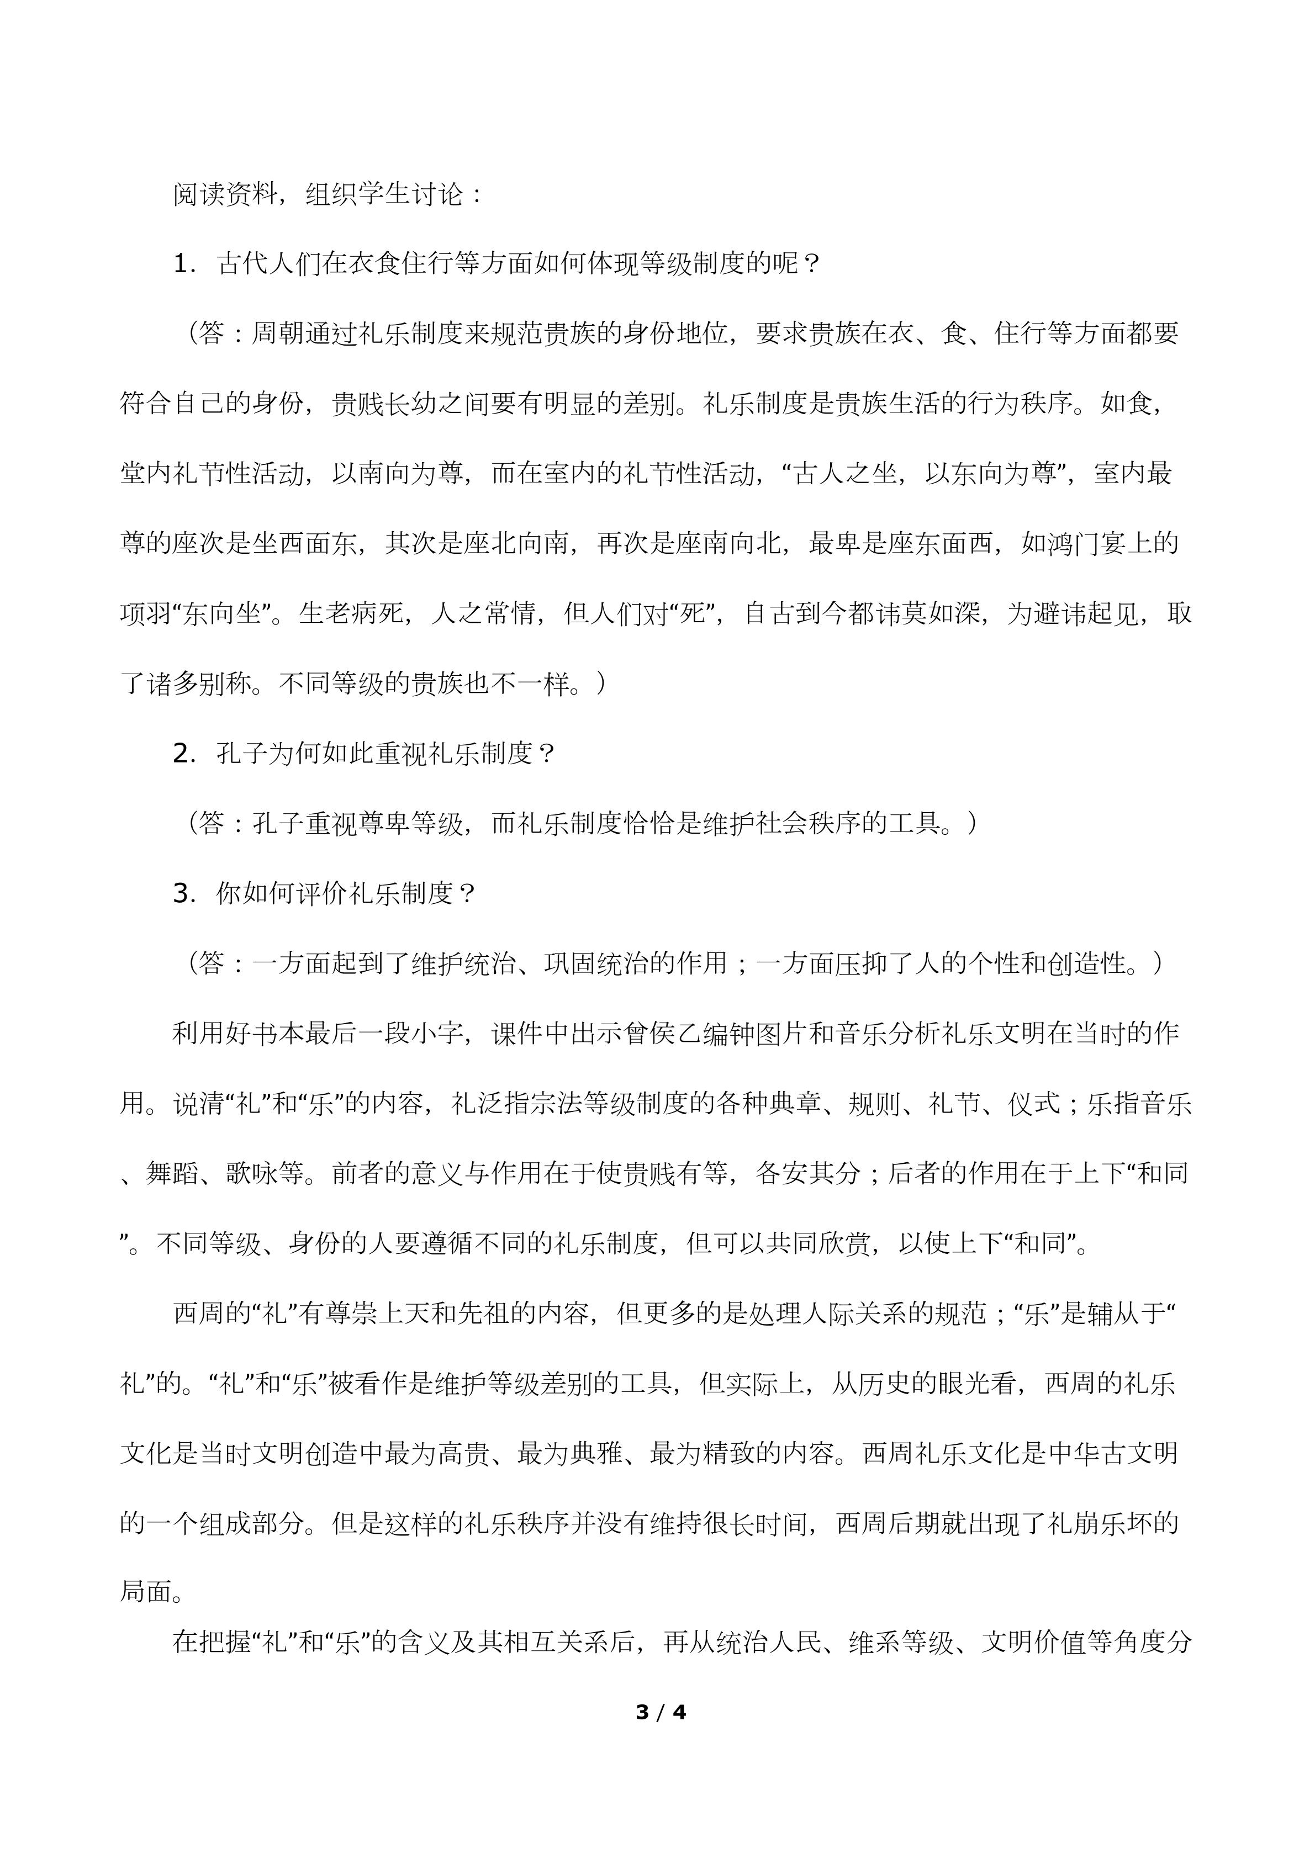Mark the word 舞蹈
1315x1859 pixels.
(172, 1174)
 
